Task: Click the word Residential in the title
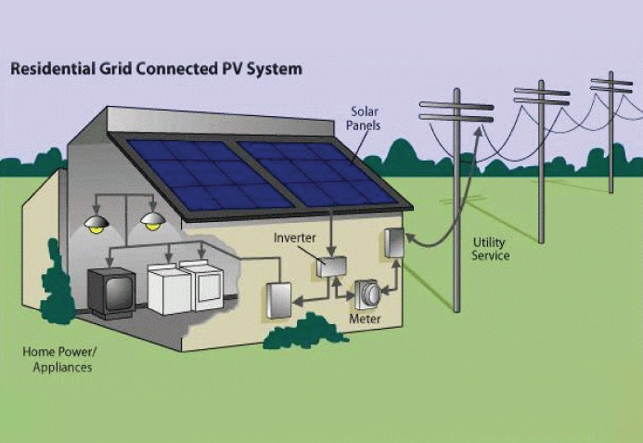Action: click(x=52, y=69)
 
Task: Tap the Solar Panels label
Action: click(x=363, y=118)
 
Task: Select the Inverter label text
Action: click(x=294, y=238)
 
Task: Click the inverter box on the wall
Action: click(x=331, y=267)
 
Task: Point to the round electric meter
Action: click(x=368, y=294)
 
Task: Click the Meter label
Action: click(x=365, y=319)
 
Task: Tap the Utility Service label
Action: click(x=490, y=249)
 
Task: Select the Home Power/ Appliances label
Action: click(x=60, y=359)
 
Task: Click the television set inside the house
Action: click(x=111, y=293)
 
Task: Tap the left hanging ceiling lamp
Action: click(x=96, y=224)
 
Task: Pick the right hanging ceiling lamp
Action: click(x=153, y=221)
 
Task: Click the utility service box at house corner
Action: click(x=394, y=243)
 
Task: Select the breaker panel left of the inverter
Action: click(x=279, y=301)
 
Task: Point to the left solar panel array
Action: click(x=211, y=175)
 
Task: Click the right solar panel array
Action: click(x=318, y=173)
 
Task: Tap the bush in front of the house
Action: click(x=304, y=332)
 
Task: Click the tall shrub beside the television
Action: click(x=57, y=283)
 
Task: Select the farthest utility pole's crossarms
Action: click(x=611, y=85)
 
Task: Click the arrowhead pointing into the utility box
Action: click(x=411, y=238)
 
